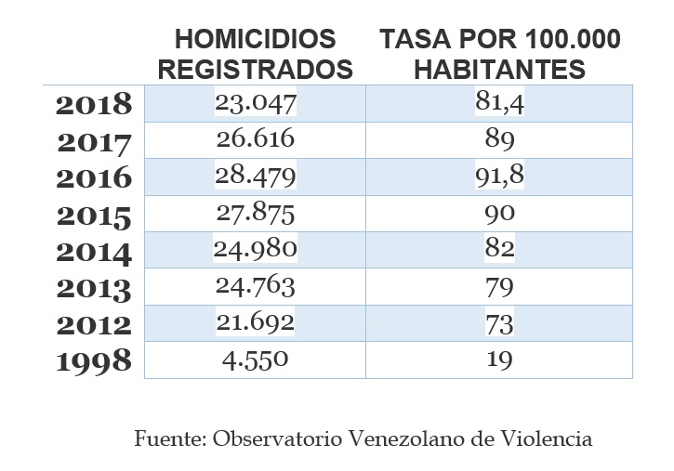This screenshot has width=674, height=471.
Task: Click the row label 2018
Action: (x=94, y=105)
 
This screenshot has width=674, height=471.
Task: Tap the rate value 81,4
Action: (x=499, y=103)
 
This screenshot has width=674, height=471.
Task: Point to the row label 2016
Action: (x=94, y=178)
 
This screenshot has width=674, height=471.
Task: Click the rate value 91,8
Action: (x=499, y=177)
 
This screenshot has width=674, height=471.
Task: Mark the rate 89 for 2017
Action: (x=499, y=139)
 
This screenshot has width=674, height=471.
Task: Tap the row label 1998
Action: (x=94, y=361)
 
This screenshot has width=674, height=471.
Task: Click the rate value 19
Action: (x=499, y=360)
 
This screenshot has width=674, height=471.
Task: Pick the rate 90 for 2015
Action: (x=499, y=213)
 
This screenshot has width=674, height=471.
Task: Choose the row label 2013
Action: (x=94, y=288)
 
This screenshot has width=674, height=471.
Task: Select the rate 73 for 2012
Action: (x=499, y=323)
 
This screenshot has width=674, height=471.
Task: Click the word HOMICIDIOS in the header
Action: (x=255, y=40)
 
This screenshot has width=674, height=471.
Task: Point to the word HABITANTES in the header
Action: (x=498, y=69)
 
